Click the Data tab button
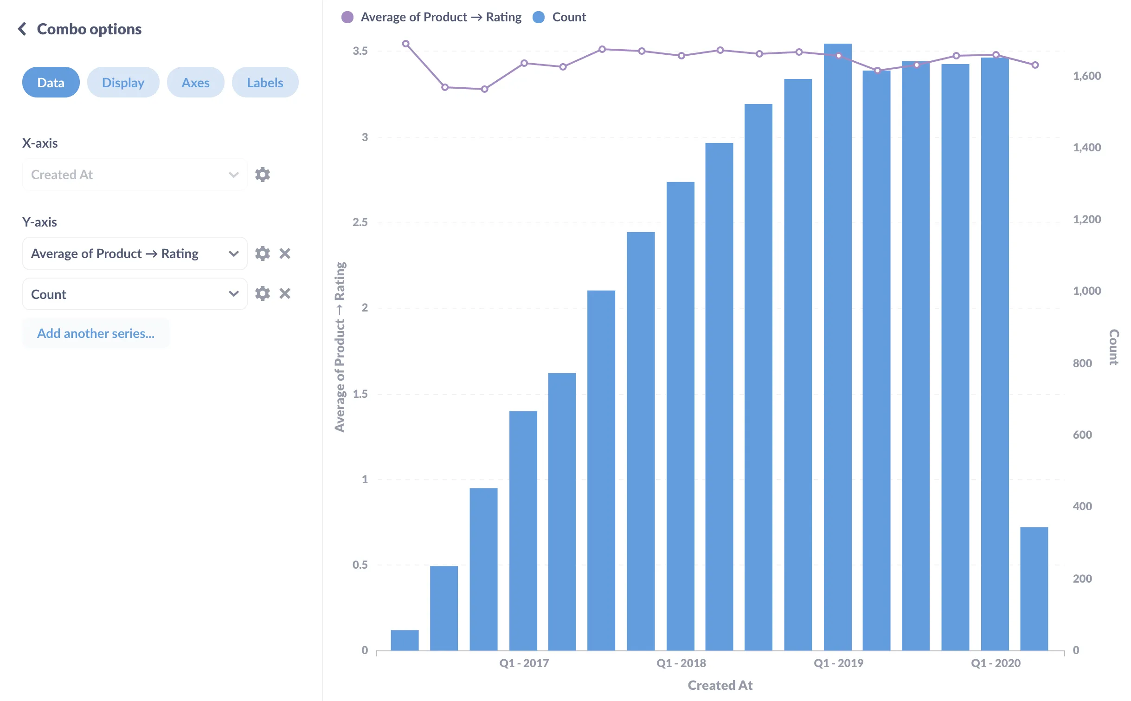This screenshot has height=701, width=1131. click(x=51, y=83)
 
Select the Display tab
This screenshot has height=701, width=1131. click(x=123, y=83)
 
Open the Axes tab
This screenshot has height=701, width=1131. click(x=195, y=83)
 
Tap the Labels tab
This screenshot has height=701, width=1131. click(x=265, y=83)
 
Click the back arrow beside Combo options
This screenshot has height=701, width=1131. click(x=22, y=29)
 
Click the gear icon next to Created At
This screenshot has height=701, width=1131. click(x=262, y=175)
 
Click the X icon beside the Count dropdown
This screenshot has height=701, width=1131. click(x=285, y=294)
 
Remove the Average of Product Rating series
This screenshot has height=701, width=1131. click(x=285, y=253)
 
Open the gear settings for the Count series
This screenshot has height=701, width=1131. click(x=262, y=294)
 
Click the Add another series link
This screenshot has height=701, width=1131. click(x=96, y=333)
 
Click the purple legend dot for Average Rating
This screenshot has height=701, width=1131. click(x=347, y=17)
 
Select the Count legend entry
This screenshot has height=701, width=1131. click(x=568, y=17)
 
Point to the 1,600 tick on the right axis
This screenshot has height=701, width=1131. click(x=1086, y=76)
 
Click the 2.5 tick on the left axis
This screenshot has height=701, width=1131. click(x=360, y=222)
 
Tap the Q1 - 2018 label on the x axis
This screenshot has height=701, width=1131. click(x=681, y=663)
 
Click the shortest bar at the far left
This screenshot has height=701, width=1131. click(x=405, y=640)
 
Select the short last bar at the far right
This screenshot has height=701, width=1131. click(x=1034, y=588)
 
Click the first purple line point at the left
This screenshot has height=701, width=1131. click(x=405, y=44)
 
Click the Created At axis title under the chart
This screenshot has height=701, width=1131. click(x=720, y=685)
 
